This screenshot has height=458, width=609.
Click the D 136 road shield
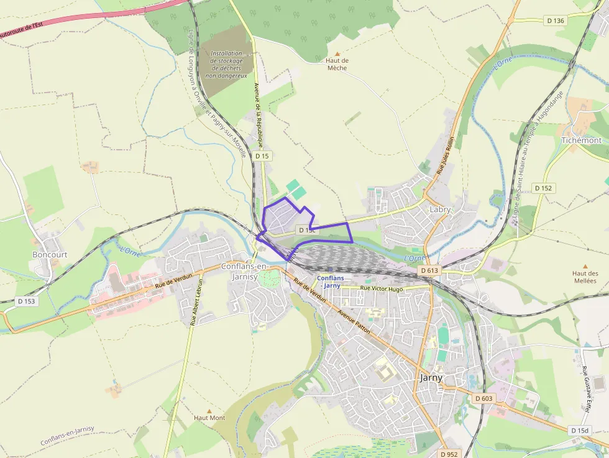[556, 21]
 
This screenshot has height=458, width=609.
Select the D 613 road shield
[429, 270]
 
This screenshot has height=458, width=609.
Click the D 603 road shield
[483, 398]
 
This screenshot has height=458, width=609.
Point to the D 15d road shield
[580, 430]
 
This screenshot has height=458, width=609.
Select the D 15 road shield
[262, 155]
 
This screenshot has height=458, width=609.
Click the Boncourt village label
[50, 255]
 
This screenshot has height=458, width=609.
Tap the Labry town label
[440, 209]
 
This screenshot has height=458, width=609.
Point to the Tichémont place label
[581, 140]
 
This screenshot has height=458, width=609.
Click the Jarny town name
[431, 377]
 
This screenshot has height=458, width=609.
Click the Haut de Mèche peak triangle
[337, 54]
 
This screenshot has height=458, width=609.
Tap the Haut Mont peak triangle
[209, 411]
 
